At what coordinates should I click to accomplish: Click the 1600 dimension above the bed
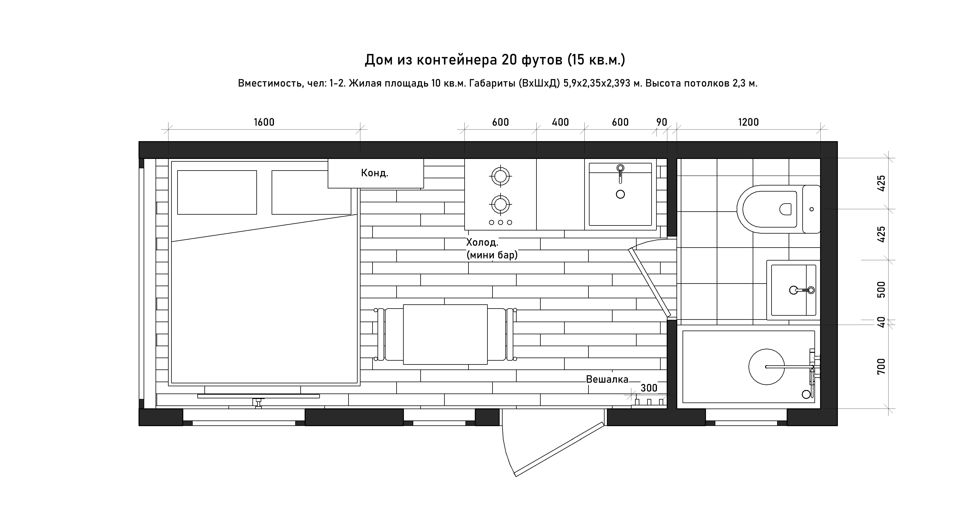264,122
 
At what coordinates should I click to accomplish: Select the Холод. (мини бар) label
492,248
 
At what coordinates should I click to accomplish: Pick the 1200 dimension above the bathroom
748,122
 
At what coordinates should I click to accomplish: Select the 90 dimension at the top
662,122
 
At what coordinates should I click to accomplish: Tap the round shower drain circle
767,367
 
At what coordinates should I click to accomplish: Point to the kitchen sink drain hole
620,194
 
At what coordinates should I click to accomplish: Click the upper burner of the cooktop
500,176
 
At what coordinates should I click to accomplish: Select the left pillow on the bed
217,192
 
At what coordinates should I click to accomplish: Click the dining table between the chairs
445,334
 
